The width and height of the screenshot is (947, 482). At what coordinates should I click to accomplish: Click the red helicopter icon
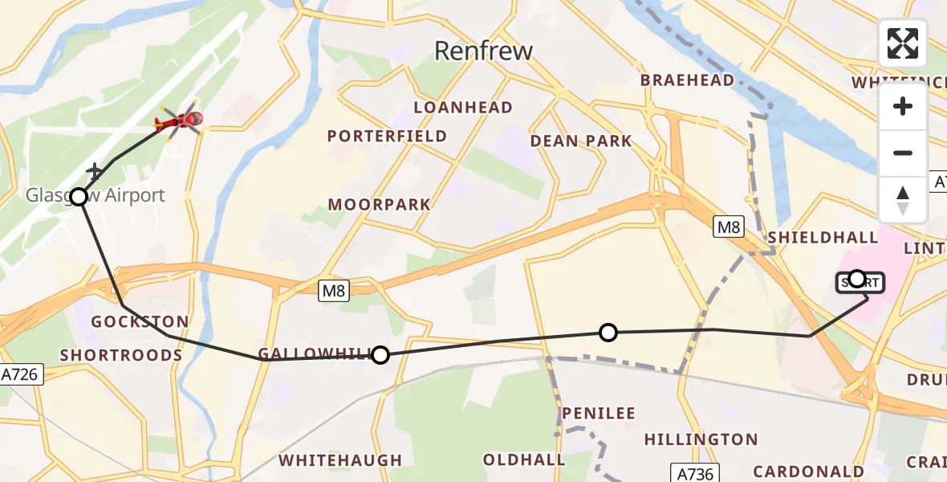180,121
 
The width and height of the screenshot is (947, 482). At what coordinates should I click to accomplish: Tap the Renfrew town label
483,51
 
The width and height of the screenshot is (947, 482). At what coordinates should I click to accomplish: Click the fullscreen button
903,43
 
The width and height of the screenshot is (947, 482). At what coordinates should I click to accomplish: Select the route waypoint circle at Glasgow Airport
79,197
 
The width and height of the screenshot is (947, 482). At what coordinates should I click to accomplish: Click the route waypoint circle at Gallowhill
380,355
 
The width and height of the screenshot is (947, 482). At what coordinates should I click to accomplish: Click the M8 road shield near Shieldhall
729,227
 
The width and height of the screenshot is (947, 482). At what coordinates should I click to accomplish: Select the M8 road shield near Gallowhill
334,292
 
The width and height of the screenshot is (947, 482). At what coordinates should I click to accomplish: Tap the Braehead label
687,80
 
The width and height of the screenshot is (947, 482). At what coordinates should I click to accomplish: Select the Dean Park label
581,141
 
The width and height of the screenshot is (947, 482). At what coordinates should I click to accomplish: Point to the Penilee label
598,414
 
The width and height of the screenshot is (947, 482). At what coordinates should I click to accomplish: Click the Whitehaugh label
339,460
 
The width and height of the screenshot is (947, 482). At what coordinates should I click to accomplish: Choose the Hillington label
701,439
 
